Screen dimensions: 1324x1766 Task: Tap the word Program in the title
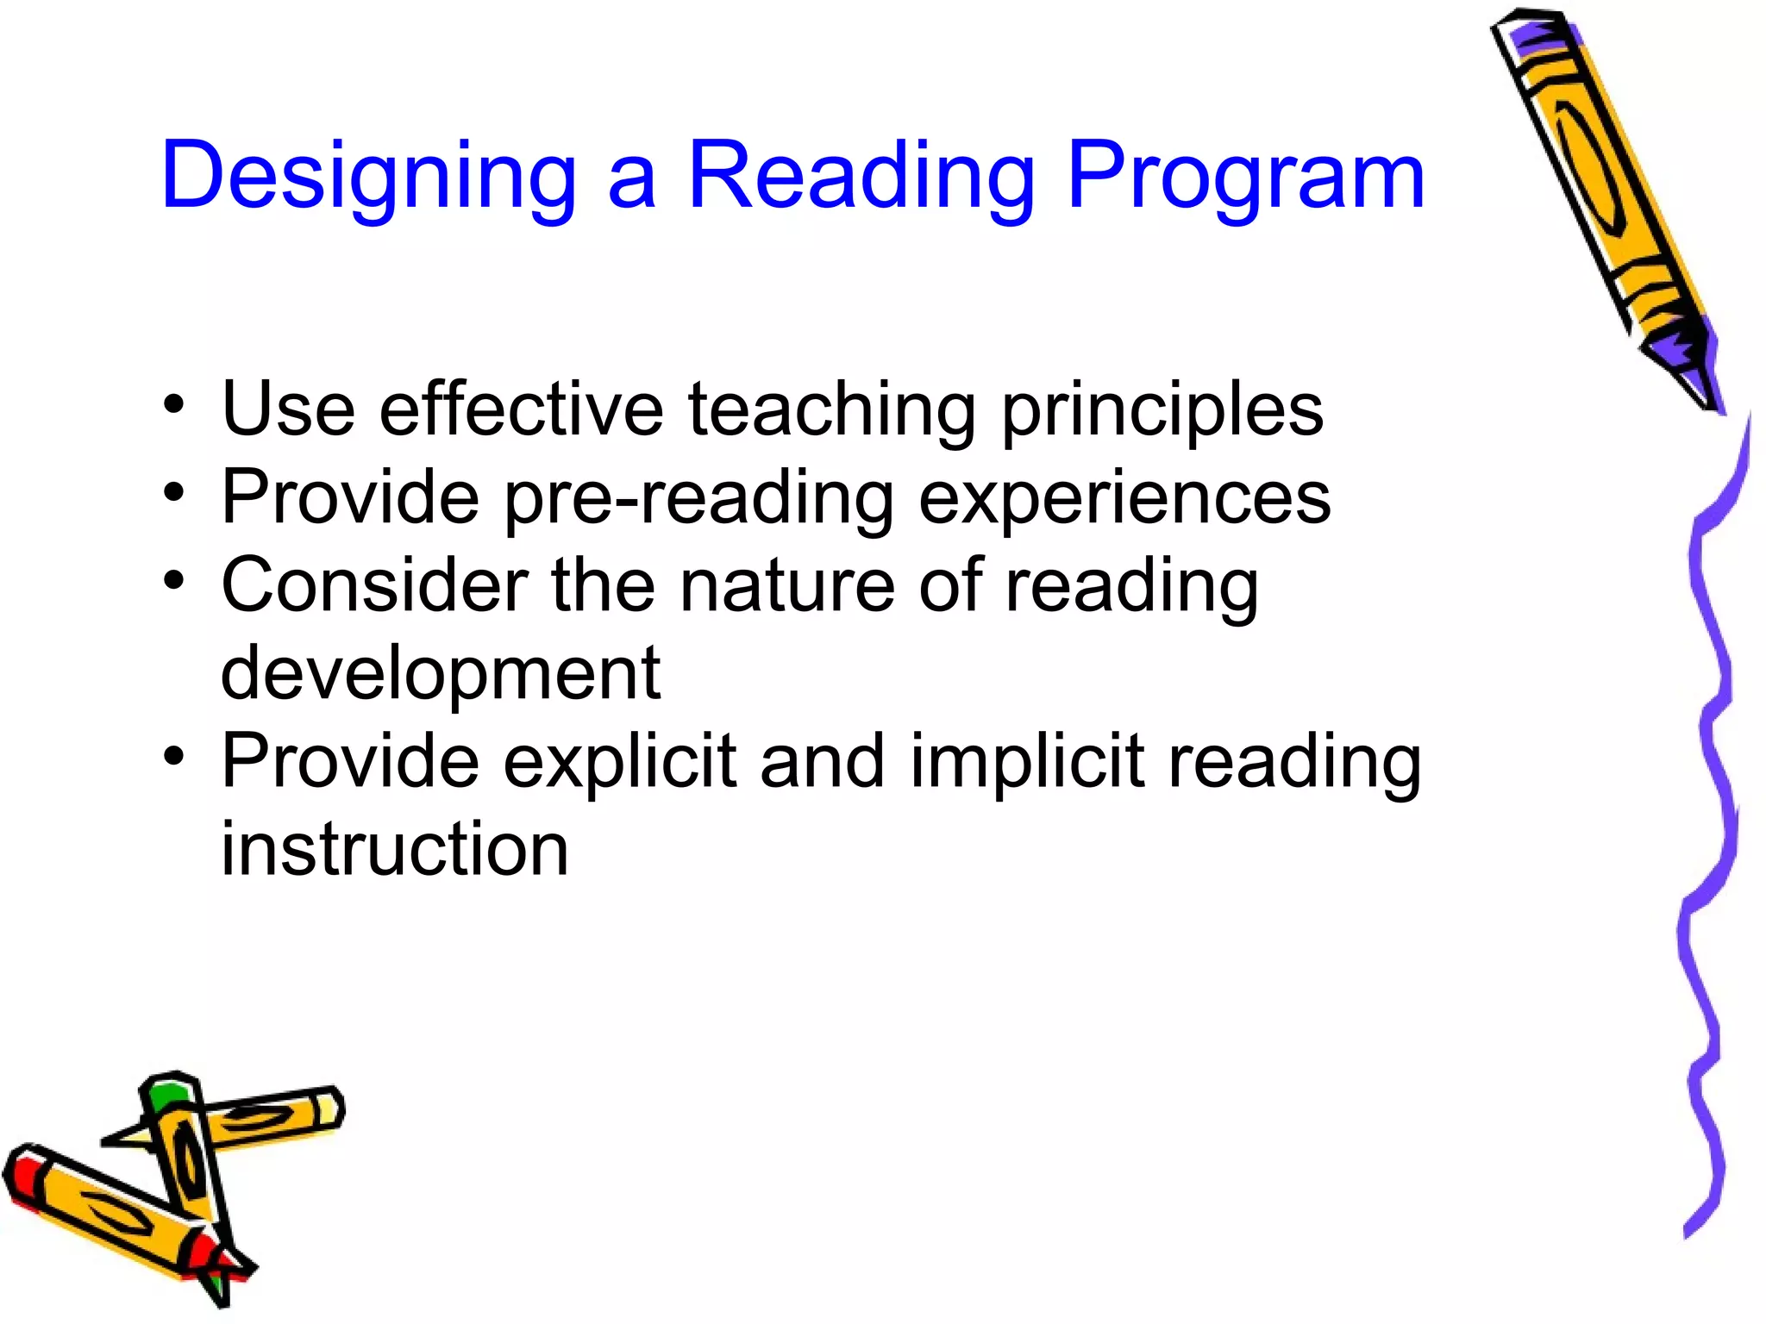coord(1245,177)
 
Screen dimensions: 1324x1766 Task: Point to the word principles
coord(1162,412)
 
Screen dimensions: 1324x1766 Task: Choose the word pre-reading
coord(698,500)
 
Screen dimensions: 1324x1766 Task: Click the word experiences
coord(1124,500)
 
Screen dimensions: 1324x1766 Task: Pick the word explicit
coord(620,763)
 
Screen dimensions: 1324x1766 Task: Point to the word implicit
coord(1027,763)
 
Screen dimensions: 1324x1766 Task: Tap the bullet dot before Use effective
coord(174,404)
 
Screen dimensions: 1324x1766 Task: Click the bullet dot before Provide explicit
coord(174,757)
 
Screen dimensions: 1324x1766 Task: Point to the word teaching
coord(832,410)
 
